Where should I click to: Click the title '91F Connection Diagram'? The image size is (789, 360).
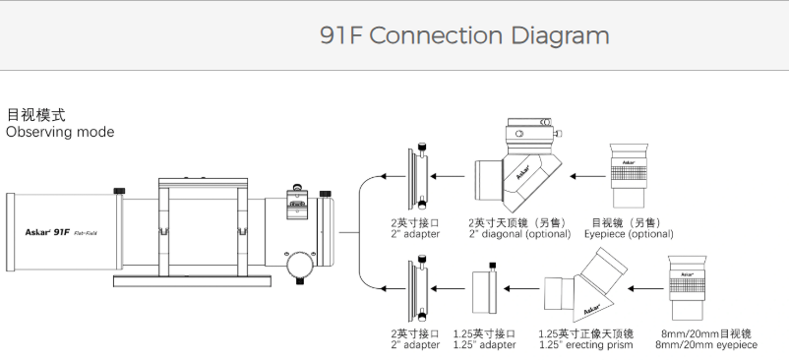coord(464,35)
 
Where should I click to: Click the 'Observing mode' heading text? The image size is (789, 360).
coord(60,132)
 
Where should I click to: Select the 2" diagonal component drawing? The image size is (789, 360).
coord(518,166)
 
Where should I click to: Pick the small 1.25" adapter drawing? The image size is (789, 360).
coord(485,289)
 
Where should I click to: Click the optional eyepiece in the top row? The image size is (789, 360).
coord(629,175)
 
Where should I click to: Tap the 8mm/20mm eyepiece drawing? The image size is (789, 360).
coord(688,287)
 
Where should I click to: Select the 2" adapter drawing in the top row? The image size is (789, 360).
coord(419,176)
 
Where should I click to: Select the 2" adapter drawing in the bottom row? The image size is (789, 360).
coord(419,288)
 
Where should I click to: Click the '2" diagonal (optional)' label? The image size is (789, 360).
coord(520,234)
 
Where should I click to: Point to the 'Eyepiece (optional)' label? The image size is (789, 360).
coord(629,234)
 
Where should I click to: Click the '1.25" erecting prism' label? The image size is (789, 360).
coord(586,345)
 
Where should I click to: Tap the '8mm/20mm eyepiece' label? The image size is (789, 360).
coord(706,345)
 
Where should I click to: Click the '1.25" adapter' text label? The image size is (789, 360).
coord(485,345)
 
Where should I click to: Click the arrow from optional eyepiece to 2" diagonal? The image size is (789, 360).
coord(587,176)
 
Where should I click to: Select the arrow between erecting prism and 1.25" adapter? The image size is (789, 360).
coord(521,288)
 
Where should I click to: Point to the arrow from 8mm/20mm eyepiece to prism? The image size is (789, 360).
coord(646,288)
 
